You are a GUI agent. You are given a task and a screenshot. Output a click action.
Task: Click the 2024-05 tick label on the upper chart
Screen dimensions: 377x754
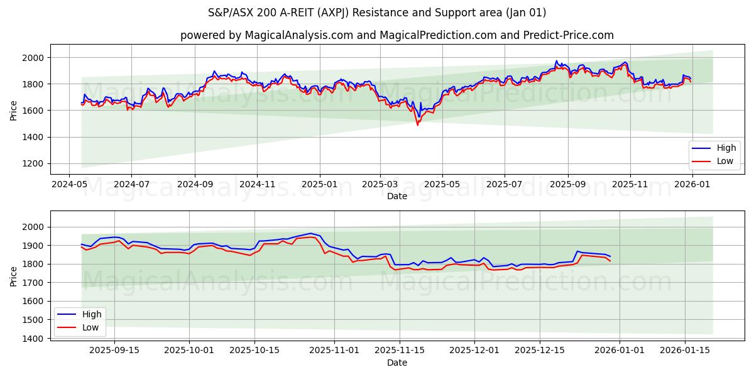tap(69, 185)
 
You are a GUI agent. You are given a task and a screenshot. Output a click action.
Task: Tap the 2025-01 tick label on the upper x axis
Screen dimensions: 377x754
tap(319, 185)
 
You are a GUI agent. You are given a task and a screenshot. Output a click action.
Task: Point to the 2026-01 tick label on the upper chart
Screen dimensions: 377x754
tap(691, 185)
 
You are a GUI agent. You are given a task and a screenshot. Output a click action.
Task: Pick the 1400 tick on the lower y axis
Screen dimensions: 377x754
tap(35, 339)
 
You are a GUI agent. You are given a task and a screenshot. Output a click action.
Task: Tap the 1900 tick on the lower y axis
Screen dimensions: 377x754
tap(35, 246)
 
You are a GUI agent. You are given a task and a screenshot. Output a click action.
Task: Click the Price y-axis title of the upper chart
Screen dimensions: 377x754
tap(14, 111)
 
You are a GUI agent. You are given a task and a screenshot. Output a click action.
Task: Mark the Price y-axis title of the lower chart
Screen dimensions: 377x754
tap(14, 276)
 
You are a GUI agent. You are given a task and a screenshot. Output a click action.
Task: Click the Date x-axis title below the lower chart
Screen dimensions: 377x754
tap(396, 363)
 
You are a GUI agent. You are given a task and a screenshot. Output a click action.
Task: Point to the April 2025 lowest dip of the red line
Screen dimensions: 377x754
tap(417, 124)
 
